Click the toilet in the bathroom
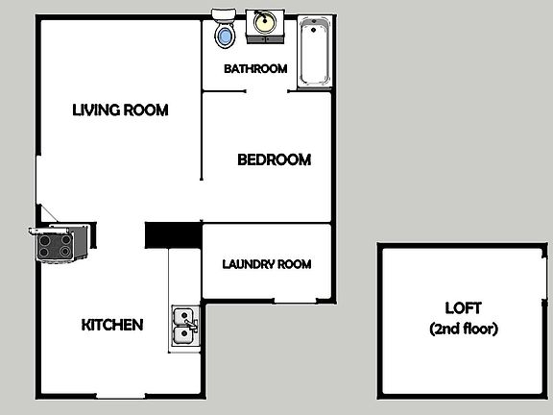pos(225,35)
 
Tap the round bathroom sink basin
pos(262,21)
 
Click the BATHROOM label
pos(255,69)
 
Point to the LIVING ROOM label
pos(120,110)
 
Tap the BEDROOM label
pos(274,160)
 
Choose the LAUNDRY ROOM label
pos(267,264)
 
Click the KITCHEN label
pos(112,325)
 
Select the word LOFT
pos(463,308)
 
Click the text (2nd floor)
pos(463,329)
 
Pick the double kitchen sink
pos(183,325)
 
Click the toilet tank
pos(225,14)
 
